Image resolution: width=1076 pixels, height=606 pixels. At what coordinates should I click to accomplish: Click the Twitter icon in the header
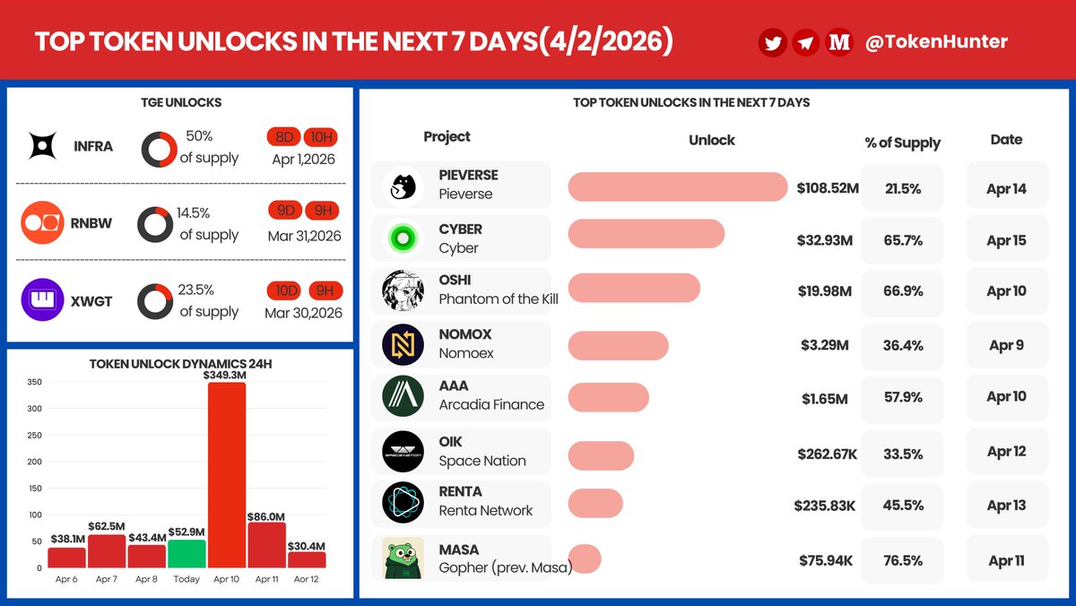[773, 42]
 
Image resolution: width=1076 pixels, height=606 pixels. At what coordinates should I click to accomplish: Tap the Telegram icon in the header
[805, 42]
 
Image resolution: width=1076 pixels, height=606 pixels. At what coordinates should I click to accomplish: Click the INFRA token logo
[42, 146]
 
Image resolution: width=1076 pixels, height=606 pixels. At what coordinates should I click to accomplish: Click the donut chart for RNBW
[155, 225]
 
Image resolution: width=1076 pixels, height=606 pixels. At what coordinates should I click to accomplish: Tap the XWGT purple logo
[42, 301]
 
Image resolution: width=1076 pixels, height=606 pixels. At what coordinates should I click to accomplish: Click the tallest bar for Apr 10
[227, 475]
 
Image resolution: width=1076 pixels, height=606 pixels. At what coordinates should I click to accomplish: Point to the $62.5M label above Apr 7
[107, 526]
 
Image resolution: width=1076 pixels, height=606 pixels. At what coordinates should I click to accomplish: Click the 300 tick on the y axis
[35, 409]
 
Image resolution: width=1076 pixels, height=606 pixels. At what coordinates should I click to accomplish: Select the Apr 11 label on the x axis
[266, 579]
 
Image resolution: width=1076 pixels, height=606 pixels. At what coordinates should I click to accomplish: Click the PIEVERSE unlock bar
[677, 186]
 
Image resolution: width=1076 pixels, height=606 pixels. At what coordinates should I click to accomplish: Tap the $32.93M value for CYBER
[824, 240]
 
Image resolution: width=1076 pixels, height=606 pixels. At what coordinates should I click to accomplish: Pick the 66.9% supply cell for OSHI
[903, 291]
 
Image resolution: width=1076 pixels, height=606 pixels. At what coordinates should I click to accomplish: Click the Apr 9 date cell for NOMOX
[1006, 345]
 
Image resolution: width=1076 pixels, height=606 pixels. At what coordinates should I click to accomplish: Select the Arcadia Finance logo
[403, 396]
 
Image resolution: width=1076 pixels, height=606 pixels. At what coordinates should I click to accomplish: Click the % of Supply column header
[902, 143]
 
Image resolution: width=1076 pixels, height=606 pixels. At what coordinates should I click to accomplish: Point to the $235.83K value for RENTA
[824, 506]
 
